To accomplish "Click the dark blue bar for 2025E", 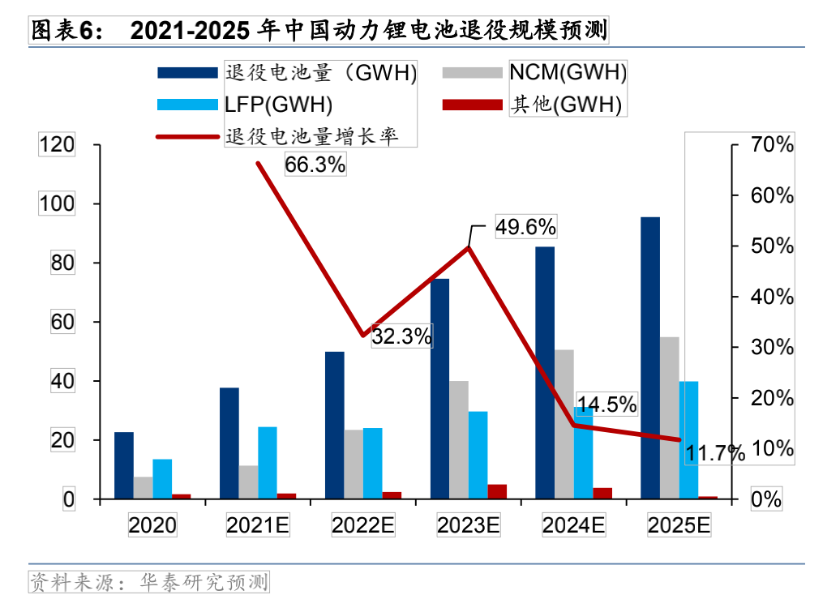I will tap(650, 357).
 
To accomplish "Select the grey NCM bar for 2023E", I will tap(459, 439).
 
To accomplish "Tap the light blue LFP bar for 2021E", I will tap(268, 462).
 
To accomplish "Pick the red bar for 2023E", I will tap(497, 491).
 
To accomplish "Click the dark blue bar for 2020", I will tap(124, 465).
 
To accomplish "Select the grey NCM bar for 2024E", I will tap(564, 424).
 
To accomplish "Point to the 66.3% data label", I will tap(315, 165).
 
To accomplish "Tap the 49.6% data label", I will tap(526, 227).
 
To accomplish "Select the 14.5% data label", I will tap(606, 404).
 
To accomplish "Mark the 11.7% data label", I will tap(714, 453).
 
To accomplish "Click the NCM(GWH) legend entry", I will tap(568, 73).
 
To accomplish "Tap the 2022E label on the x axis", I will tap(363, 525).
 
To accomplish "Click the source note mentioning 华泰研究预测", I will tap(148, 581).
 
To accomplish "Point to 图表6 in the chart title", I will tap(65, 32).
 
